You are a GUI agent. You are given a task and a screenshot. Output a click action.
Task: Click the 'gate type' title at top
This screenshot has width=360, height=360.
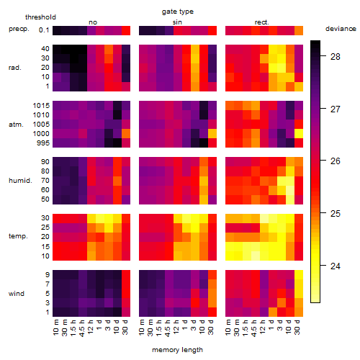(x=178, y=12)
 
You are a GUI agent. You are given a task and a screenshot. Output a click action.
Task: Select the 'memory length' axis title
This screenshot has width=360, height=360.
(x=177, y=350)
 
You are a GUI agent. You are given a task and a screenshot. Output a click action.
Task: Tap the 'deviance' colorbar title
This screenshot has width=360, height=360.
(x=341, y=29)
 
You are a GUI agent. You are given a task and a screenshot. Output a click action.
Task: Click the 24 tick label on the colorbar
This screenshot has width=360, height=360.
(x=335, y=266)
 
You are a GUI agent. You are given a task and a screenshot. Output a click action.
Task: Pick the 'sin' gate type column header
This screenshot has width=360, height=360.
(x=177, y=22)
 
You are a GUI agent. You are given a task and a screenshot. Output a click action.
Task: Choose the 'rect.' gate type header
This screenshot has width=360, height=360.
(x=261, y=22)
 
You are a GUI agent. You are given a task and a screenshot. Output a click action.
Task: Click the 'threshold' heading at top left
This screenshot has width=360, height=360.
(x=40, y=17)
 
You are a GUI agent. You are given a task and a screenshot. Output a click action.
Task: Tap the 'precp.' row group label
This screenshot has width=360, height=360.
(x=19, y=29)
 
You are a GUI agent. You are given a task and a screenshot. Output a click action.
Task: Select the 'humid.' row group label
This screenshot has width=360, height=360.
(x=20, y=180)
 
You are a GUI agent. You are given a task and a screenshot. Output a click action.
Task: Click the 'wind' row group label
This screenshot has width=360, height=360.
(x=17, y=294)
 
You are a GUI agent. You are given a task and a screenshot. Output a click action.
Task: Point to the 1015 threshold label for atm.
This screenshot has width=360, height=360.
(x=41, y=105)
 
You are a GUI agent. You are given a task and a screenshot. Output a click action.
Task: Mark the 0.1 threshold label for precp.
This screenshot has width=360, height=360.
(x=44, y=30)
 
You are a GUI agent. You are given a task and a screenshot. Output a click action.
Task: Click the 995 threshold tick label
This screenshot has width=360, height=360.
(x=43, y=143)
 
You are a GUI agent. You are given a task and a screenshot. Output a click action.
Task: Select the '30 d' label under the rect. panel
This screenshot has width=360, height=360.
(x=297, y=327)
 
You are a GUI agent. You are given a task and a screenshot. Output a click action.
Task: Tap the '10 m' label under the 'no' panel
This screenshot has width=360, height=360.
(x=55, y=327)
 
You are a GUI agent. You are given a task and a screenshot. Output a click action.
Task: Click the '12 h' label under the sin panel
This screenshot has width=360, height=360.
(x=176, y=327)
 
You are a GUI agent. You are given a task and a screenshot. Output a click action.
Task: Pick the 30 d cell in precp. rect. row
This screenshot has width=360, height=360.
(x=299, y=30)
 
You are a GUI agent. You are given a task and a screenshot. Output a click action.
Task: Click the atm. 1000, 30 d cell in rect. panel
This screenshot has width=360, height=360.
(x=299, y=134)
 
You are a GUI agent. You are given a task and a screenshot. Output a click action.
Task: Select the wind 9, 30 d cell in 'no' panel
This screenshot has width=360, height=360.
(x=126, y=274)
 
